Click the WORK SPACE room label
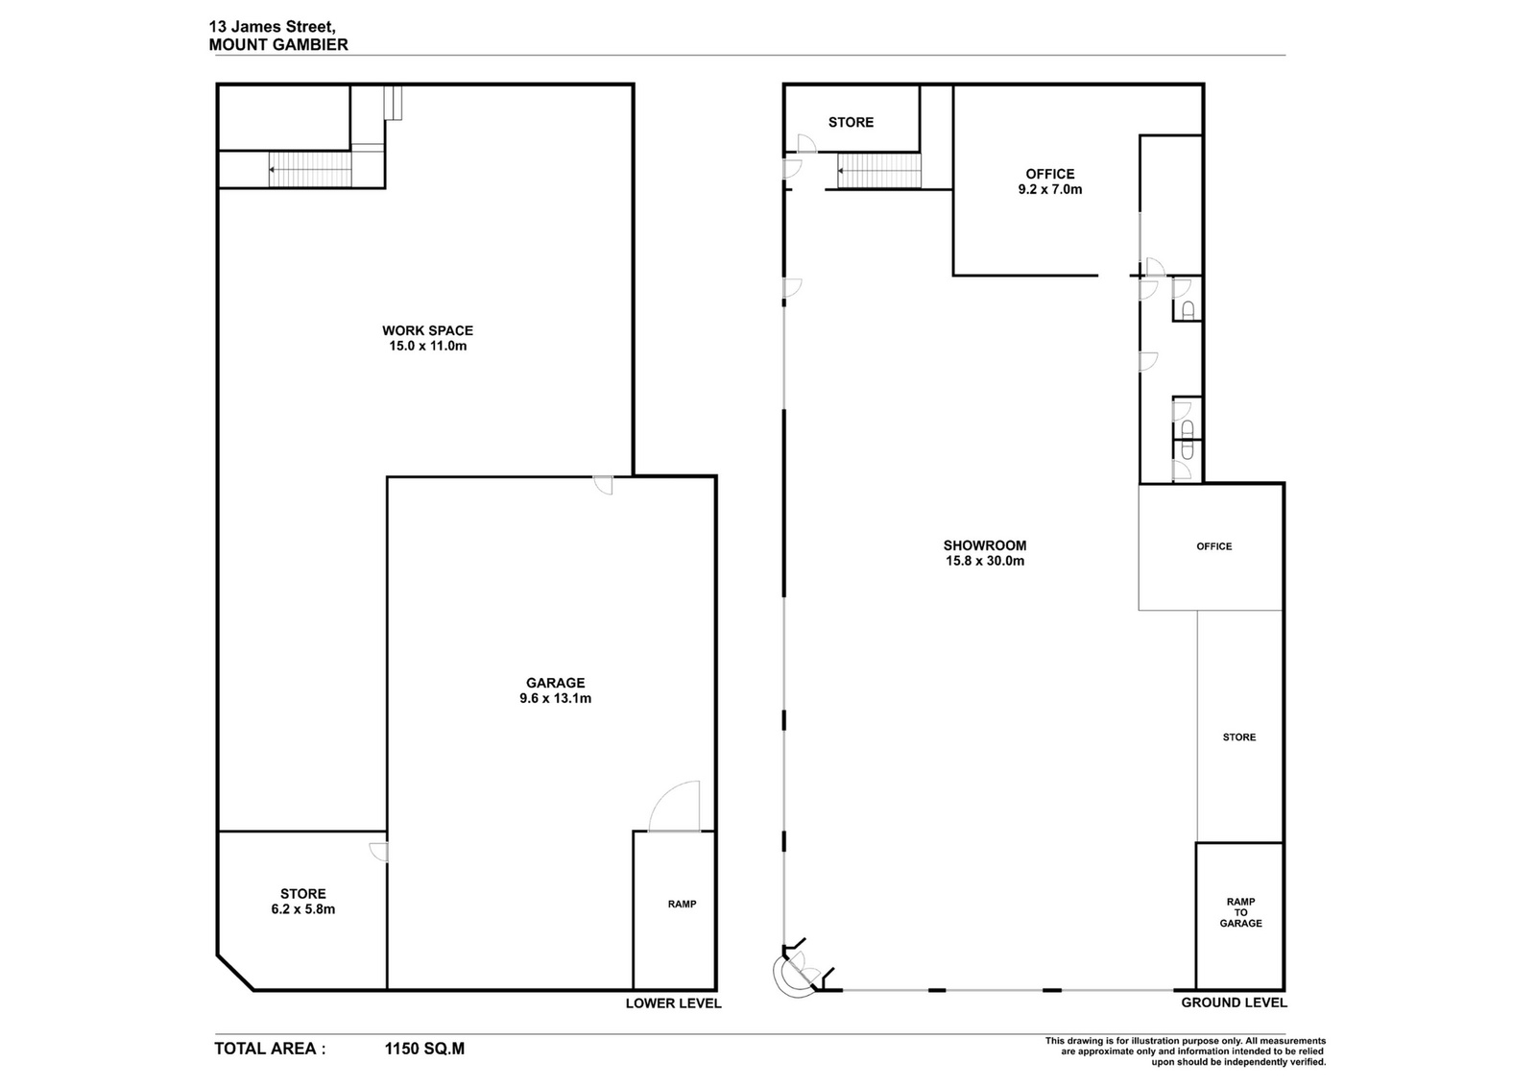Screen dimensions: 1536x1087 click(428, 330)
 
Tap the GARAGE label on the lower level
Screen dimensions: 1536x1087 click(556, 683)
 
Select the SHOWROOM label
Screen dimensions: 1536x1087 click(985, 545)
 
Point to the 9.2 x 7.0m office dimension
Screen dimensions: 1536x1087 click(1050, 189)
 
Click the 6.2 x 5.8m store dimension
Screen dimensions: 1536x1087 click(303, 910)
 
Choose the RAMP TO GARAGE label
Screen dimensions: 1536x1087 click(1240, 913)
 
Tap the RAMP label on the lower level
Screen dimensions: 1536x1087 click(683, 905)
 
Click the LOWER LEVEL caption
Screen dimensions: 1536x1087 click(673, 1003)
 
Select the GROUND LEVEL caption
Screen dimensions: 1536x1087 click(1234, 1002)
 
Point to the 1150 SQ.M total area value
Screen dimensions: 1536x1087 click(424, 1049)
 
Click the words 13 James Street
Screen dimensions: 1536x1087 click(273, 28)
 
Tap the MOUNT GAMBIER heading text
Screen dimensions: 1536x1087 click(278, 45)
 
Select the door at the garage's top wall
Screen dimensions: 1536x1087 click(604, 486)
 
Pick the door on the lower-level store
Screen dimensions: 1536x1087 click(378, 852)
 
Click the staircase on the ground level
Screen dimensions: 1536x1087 click(879, 171)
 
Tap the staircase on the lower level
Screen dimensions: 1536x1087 click(310, 169)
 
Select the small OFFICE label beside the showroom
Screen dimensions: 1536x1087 click(1214, 546)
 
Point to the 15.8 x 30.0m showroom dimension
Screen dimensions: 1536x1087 click(985, 561)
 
